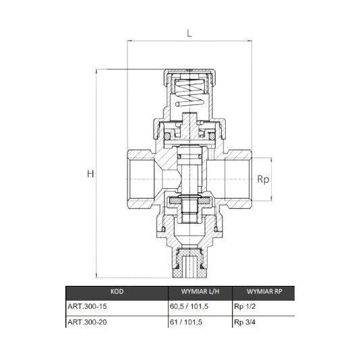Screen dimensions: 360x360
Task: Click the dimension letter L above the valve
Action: coord(189,34)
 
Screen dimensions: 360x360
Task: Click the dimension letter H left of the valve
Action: coord(90,173)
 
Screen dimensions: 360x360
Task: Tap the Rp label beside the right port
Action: coord(263,179)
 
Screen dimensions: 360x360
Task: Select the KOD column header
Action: coord(117,292)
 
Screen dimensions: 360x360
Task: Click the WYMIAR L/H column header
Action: coord(200,292)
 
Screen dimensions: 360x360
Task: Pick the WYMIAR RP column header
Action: coord(264,292)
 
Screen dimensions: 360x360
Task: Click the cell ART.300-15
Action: coord(87,306)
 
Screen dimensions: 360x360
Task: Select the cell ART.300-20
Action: coord(87,322)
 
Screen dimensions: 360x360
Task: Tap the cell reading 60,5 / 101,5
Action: coord(189,306)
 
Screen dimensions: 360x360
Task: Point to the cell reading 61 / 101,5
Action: coord(186,322)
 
